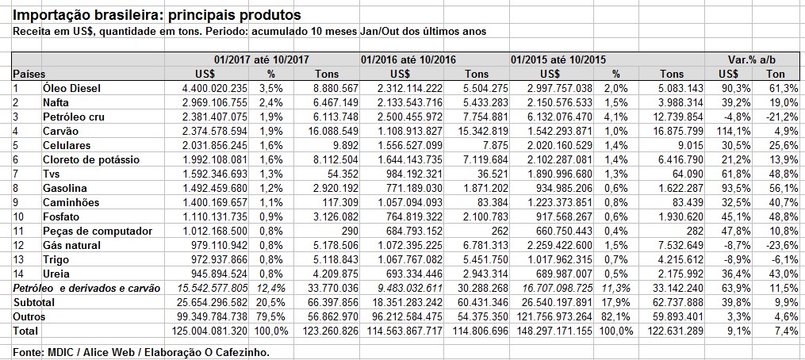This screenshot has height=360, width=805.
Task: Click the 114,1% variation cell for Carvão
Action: [734, 131]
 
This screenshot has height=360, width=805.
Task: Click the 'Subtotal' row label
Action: [33, 302]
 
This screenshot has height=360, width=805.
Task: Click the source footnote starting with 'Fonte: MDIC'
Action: [141, 350]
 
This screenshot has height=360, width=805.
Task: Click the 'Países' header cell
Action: [28, 73]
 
